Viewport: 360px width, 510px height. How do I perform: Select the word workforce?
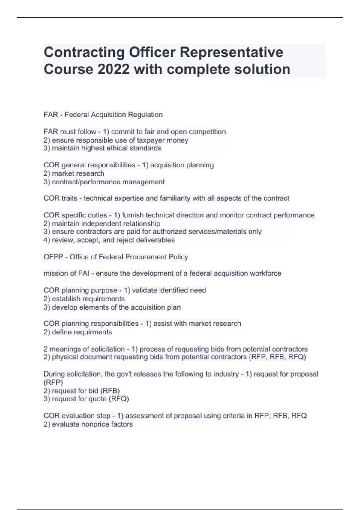265,274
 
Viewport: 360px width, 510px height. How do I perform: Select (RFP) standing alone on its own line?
53,382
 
